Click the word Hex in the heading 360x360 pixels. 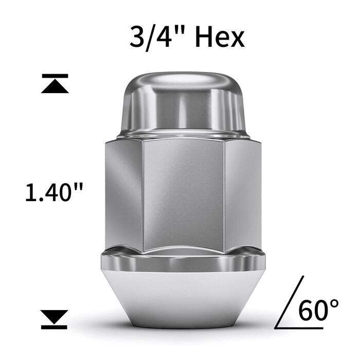(x=220, y=37)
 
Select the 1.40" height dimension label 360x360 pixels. (x=54, y=192)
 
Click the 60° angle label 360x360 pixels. (x=318, y=310)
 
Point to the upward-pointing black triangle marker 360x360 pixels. (x=55, y=86)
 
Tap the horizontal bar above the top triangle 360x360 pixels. (x=55, y=76)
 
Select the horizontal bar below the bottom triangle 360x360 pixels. (x=55, y=327)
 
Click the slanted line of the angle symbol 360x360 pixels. (x=290, y=302)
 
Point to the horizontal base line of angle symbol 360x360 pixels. (x=299, y=328)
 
